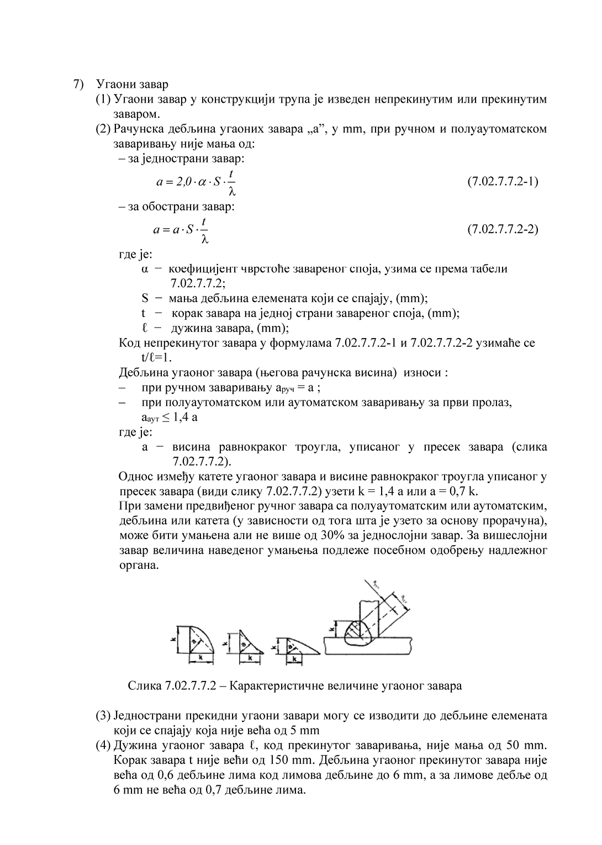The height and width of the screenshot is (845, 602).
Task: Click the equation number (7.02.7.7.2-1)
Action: click(503, 181)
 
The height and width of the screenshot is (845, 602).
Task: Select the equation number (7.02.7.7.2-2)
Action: click(503, 229)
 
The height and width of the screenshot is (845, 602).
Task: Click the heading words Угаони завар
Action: click(132, 84)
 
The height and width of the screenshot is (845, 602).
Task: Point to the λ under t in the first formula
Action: click(232, 192)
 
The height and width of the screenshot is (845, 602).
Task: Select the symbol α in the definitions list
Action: click(145, 270)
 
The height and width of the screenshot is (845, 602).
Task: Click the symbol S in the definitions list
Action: click(145, 299)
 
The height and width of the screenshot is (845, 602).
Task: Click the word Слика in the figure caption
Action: click(145, 686)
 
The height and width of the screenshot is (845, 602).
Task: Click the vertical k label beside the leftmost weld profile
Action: click(173, 638)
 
